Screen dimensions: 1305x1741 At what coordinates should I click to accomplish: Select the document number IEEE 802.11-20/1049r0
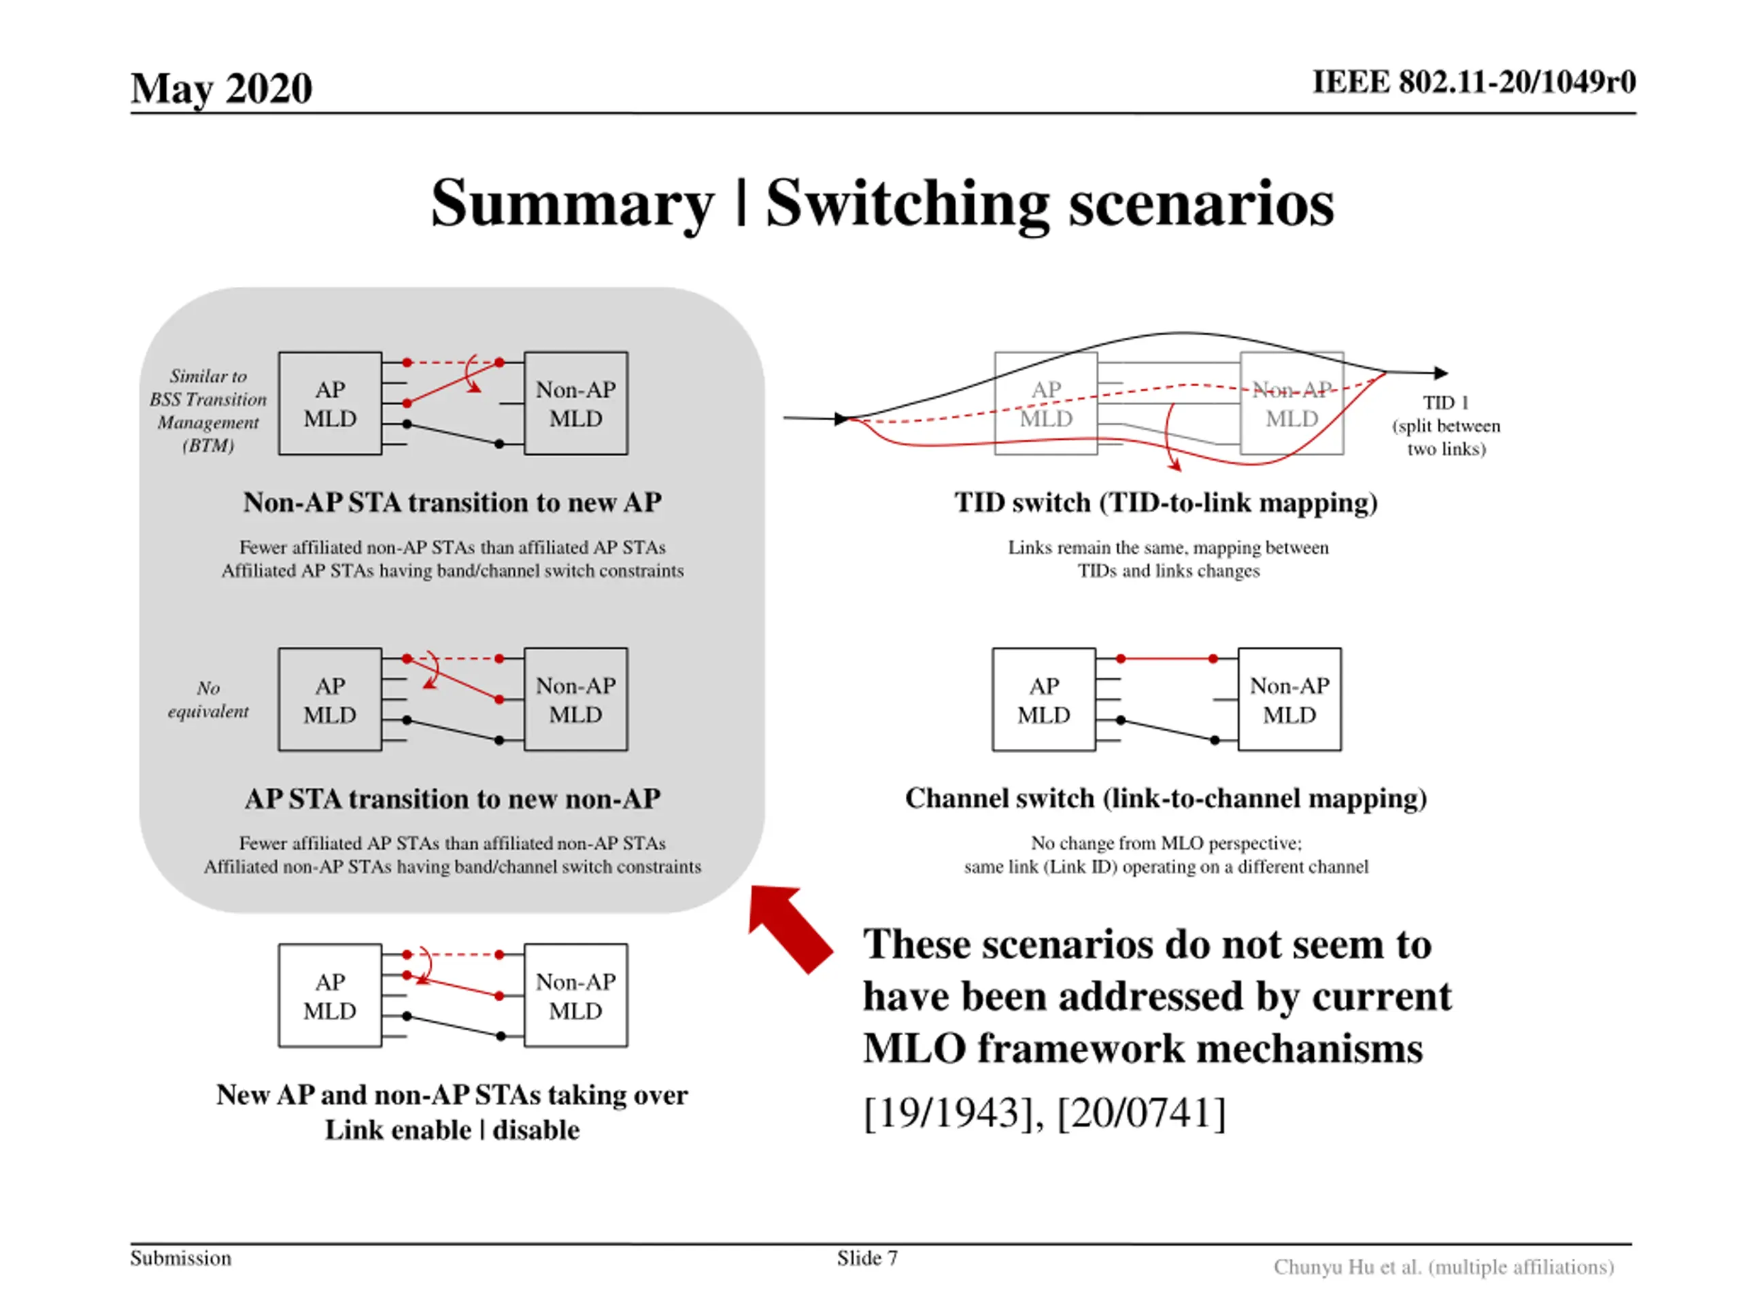point(1474,82)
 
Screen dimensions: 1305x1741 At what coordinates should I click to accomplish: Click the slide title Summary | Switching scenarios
point(881,203)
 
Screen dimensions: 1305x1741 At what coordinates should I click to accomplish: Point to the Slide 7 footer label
point(866,1258)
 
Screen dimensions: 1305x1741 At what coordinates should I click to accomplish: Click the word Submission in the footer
point(180,1258)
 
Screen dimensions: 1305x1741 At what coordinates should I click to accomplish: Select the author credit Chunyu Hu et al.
point(1444,1266)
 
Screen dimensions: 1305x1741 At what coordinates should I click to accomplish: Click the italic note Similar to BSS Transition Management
point(208,410)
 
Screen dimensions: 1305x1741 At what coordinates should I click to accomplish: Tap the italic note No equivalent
point(208,699)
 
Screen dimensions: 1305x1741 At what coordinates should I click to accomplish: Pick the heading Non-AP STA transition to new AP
point(452,502)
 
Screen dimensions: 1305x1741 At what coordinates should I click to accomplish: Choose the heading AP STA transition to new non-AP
point(452,799)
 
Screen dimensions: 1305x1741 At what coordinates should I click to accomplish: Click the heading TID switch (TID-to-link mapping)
point(1166,502)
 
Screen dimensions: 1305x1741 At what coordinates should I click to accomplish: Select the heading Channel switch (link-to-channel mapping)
point(1166,798)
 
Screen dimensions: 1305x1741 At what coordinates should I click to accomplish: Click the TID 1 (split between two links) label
point(1446,425)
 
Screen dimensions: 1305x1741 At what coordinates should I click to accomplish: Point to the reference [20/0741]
point(1141,1112)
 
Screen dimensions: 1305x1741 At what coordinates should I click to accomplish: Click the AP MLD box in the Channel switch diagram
point(1044,699)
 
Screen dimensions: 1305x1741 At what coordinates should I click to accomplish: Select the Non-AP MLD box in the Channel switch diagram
point(1289,699)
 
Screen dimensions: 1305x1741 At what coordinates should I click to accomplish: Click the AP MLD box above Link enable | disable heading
point(330,995)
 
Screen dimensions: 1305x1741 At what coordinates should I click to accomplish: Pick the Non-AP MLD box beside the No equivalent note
point(575,699)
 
